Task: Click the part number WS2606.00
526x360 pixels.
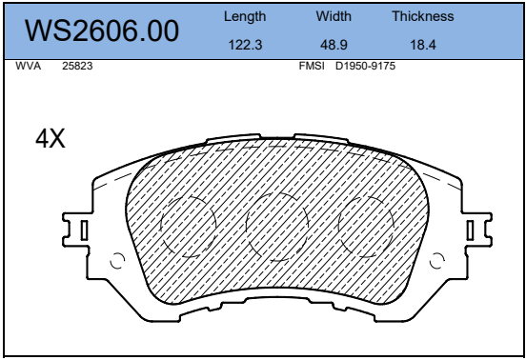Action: coord(102,30)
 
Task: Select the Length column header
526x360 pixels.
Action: coord(245,17)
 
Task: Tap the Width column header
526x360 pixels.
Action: coord(334,16)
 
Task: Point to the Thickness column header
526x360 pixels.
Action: coord(423,16)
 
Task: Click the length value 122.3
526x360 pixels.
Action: coord(245,45)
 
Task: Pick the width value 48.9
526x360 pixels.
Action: coord(334,45)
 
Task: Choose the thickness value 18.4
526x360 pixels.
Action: coord(423,45)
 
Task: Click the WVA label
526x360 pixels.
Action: coord(29,66)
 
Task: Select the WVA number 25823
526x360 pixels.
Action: coord(77,66)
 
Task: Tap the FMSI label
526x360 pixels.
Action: coord(312,66)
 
